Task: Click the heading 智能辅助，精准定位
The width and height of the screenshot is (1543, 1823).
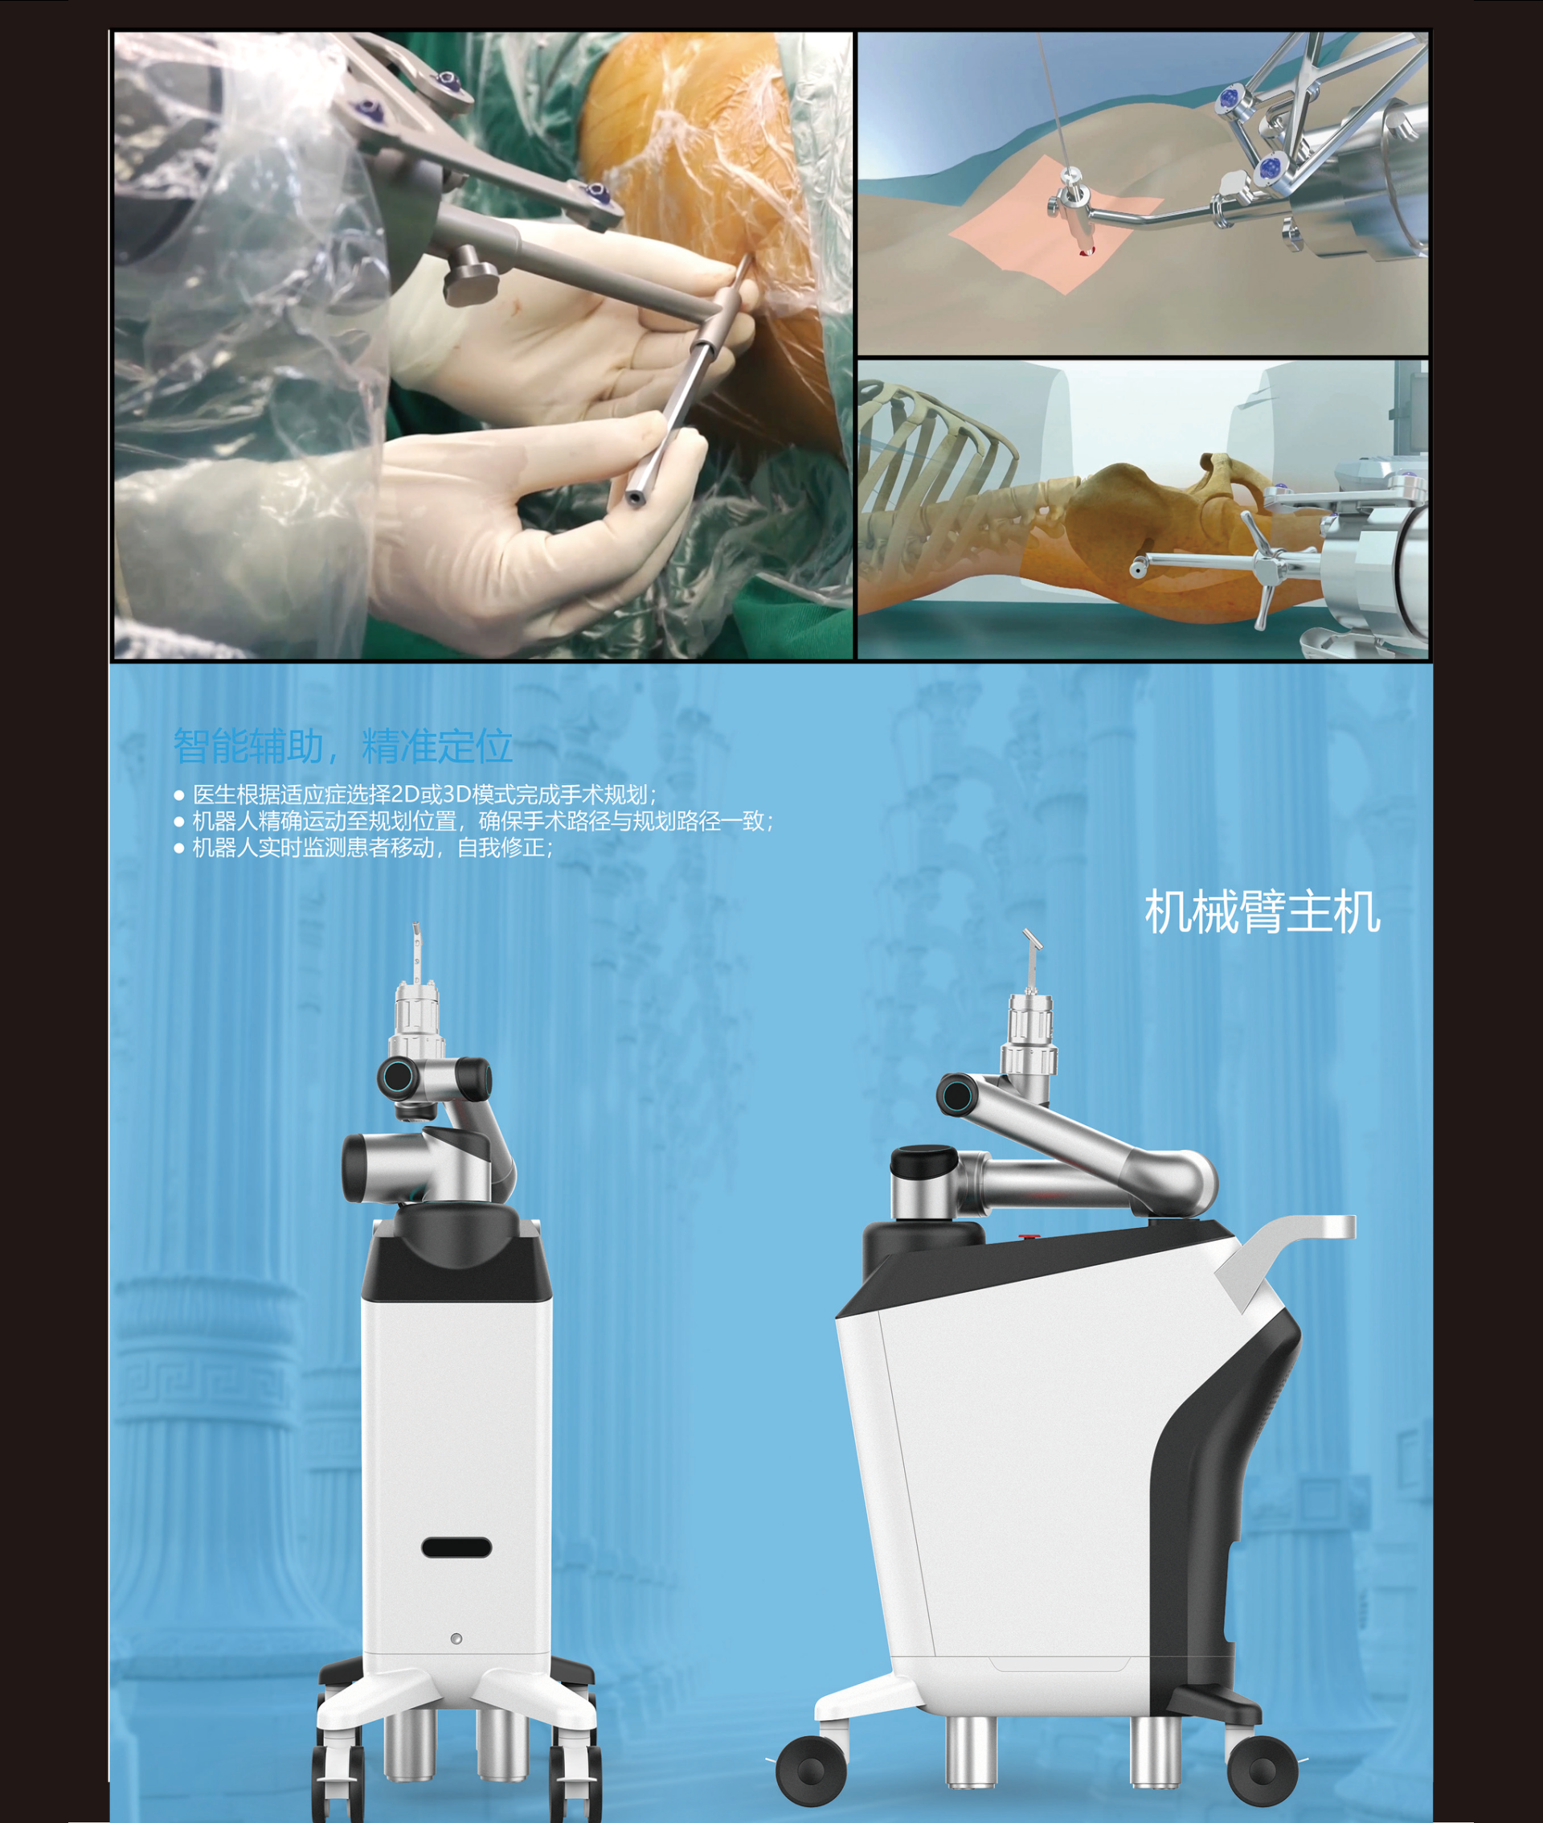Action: [342, 745]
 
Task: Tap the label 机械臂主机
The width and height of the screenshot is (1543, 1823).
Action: [1262, 912]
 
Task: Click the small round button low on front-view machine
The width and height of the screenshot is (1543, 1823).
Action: [456, 1638]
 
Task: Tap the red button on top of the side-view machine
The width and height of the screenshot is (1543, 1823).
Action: [1029, 1238]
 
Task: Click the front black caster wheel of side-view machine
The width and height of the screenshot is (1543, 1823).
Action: [811, 1771]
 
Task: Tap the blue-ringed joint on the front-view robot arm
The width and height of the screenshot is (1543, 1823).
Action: [398, 1076]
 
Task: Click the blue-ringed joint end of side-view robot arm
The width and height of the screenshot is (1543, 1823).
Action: [957, 1094]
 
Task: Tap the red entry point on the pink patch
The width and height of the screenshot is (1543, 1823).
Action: [1087, 253]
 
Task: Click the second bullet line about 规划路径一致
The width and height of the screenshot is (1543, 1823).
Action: [483, 821]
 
